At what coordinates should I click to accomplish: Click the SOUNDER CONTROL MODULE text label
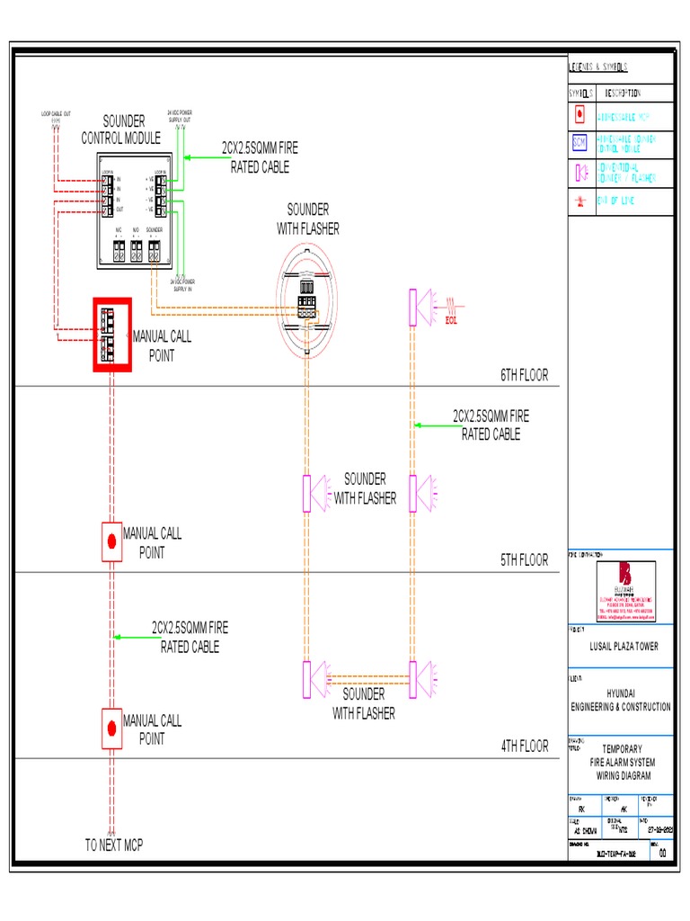pyautogui.click(x=123, y=130)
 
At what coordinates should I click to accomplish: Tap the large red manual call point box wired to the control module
pyautogui.click(x=112, y=334)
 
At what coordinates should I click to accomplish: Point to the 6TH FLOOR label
pyautogui.click(x=524, y=375)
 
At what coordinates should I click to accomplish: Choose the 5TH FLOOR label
pyautogui.click(x=524, y=560)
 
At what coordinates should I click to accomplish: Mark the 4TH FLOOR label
pyautogui.click(x=524, y=746)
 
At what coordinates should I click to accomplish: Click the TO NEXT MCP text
pyautogui.click(x=114, y=845)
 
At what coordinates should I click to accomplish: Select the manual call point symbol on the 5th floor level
pyautogui.click(x=111, y=541)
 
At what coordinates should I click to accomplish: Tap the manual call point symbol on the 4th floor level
pyautogui.click(x=111, y=728)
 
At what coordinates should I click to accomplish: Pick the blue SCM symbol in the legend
pyautogui.click(x=579, y=142)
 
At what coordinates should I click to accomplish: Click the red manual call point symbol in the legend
pyautogui.click(x=579, y=114)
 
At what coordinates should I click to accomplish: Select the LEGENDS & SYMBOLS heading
pyautogui.click(x=598, y=67)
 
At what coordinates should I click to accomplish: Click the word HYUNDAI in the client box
pyautogui.click(x=621, y=693)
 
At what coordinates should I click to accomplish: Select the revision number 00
pyautogui.click(x=661, y=854)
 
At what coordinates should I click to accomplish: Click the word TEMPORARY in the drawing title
pyautogui.click(x=621, y=748)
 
